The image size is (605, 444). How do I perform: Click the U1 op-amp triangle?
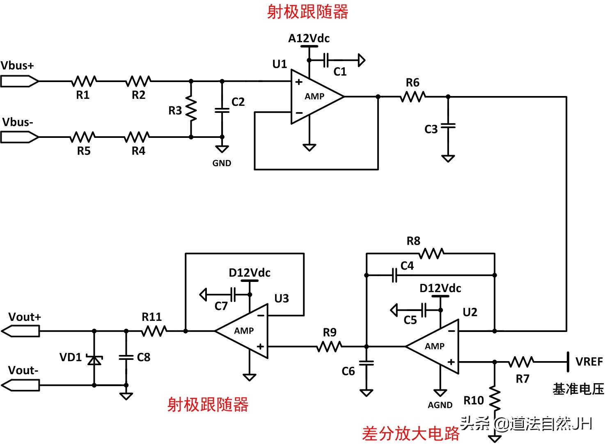314,97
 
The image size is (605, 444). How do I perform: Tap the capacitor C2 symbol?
222,110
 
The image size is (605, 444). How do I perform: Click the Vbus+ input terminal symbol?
19,81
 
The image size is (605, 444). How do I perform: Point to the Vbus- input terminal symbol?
19,137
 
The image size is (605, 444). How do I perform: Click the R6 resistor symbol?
413,97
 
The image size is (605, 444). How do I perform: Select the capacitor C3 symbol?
448,126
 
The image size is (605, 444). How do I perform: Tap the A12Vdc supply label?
309,39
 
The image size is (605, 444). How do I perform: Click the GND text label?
222,163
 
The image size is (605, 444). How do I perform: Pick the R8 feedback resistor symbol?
431,254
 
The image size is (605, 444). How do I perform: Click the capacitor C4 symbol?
394,275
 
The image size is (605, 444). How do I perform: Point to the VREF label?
589,362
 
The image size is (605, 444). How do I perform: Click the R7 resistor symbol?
521,362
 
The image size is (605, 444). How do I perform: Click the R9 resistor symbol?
329,347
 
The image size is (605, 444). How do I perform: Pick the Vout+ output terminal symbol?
21,331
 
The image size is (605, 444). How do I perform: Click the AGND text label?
440,405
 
